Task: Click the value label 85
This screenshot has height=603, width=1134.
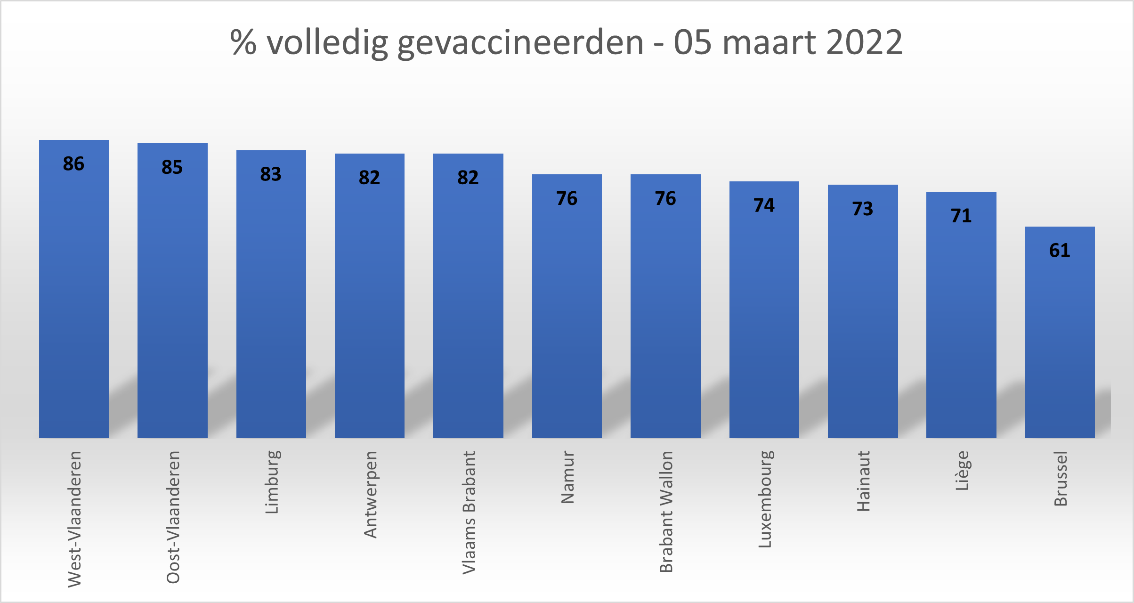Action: pos(172,167)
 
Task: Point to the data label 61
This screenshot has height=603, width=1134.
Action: pos(1060,251)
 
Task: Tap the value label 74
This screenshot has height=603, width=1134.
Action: pos(764,205)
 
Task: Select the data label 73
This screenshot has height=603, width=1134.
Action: pos(863,209)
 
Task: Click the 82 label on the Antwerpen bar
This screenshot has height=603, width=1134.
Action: pos(369,178)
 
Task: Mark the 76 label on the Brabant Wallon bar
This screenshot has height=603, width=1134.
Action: pos(665,198)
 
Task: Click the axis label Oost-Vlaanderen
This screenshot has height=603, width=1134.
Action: pos(173,517)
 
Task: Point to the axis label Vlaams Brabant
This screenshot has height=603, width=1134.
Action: pos(469,512)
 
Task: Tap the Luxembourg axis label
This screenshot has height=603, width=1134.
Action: pos(765,499)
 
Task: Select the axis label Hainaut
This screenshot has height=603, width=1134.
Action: pos(863,481)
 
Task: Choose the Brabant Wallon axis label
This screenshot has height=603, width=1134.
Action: pos(666,511)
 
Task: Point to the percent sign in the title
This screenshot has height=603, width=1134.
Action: pos(243,42)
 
